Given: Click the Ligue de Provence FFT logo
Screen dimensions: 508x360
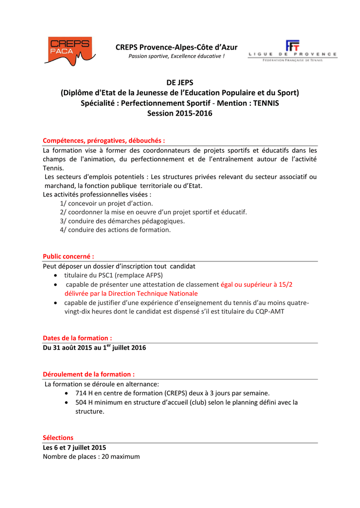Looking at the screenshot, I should [x=292, y=50].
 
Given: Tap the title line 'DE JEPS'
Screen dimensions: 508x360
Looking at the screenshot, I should [x=179, y=82].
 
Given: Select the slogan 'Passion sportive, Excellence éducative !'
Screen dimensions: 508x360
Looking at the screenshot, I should [x=176, y=56].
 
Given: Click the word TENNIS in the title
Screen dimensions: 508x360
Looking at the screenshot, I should [x=266, y=103].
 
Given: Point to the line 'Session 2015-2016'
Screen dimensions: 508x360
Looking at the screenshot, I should [x=179, y=114].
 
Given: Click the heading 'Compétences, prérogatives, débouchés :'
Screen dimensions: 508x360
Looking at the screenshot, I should [x=104, y=140].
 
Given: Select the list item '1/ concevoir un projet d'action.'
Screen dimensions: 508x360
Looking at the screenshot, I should [x=106, y=203].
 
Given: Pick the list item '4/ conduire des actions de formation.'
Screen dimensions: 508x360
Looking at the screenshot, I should [x=115, y=230].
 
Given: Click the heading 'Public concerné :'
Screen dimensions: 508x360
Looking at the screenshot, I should [x=69, y=256].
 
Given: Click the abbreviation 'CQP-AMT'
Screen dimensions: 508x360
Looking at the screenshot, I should [x=270, y=312].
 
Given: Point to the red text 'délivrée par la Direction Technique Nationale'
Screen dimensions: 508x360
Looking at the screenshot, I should [x=131, y=293].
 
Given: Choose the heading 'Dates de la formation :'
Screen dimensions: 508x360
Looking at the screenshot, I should [x=77, y=338].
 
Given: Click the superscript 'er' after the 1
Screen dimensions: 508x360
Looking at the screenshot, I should [x=109, y=345].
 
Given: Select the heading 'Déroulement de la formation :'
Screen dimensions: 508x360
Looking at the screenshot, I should [x=89, y=374].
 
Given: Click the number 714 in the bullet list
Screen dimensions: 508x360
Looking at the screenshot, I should [x=81, y=393].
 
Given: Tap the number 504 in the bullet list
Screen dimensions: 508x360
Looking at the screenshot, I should [x=81, y=402].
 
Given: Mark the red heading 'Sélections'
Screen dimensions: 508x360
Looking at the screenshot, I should [x=58, y=438].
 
